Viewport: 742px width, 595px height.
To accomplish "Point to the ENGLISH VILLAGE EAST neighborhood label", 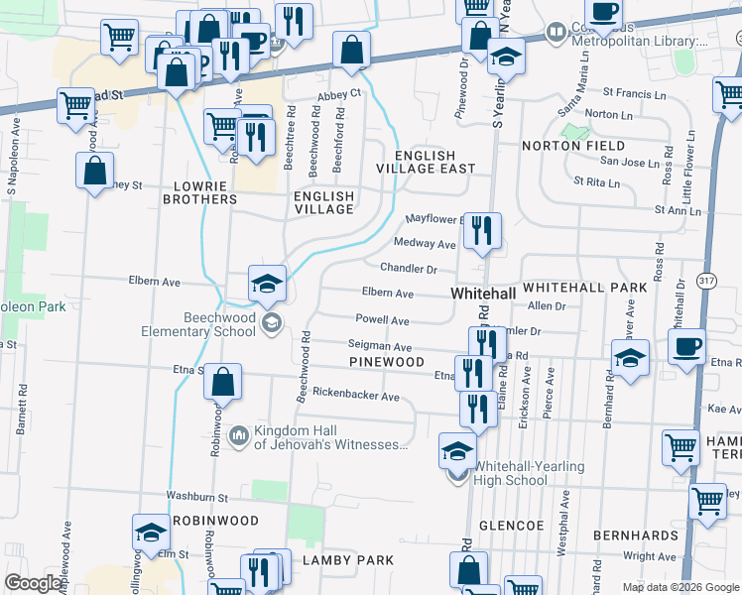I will pos(425,163).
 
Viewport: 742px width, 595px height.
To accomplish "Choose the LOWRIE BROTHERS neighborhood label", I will pos(205,192).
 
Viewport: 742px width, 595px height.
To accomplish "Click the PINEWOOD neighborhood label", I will pos(387,363).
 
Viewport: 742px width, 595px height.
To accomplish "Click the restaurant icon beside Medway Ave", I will pos(482,231).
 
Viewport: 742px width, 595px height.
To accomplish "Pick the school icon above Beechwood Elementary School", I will pos(267,284).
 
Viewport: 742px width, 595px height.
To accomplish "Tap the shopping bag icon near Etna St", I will pos(223,383).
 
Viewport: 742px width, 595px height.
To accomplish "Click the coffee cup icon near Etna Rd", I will pos(686,348).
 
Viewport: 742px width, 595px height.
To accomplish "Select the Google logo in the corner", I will pos(33,583).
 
